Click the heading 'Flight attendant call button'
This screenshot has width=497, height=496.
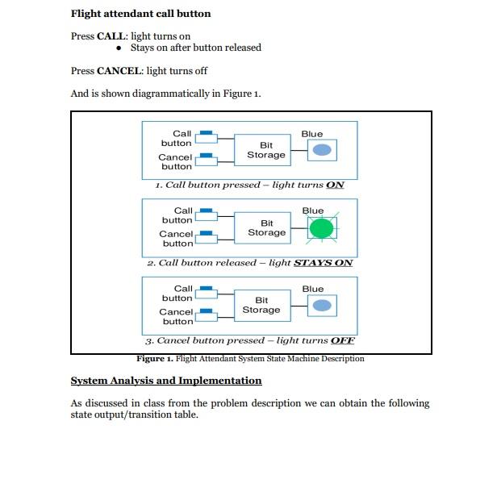(140, 14)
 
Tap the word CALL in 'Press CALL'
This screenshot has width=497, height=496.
(112, 36)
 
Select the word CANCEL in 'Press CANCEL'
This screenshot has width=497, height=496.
(120, 71)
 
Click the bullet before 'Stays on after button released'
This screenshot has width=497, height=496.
(119, 48)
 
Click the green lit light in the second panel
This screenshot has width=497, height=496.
(321, 228)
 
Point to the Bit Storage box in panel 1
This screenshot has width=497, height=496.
(265, 150)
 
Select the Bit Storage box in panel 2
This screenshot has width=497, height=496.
(266, 227)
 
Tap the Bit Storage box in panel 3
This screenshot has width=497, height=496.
(261, 305)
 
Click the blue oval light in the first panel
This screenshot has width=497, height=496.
(322, 150)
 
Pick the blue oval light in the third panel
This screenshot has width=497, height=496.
(322, 305)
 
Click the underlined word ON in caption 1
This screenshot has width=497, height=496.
(335, 185)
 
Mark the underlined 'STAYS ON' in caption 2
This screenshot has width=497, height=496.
(323, 263)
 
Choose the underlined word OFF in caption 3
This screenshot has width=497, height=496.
(342, 340)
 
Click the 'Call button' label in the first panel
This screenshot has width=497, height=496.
(178, 138)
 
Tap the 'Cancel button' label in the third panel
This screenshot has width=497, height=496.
(176, 316)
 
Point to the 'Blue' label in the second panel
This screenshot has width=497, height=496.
(312, 210)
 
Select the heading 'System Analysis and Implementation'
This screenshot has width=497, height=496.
(166, 381)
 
